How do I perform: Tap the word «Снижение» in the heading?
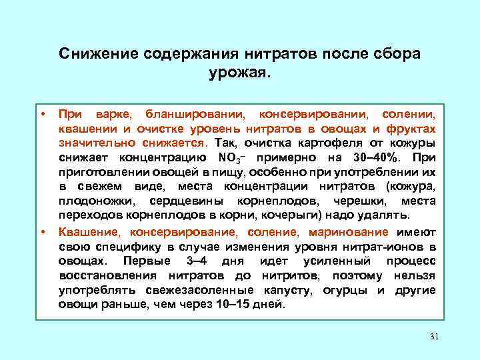pos(92,53)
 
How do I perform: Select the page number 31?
pos(434,335)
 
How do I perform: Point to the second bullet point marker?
pos(42,232)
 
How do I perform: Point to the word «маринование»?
pos(348,232)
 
